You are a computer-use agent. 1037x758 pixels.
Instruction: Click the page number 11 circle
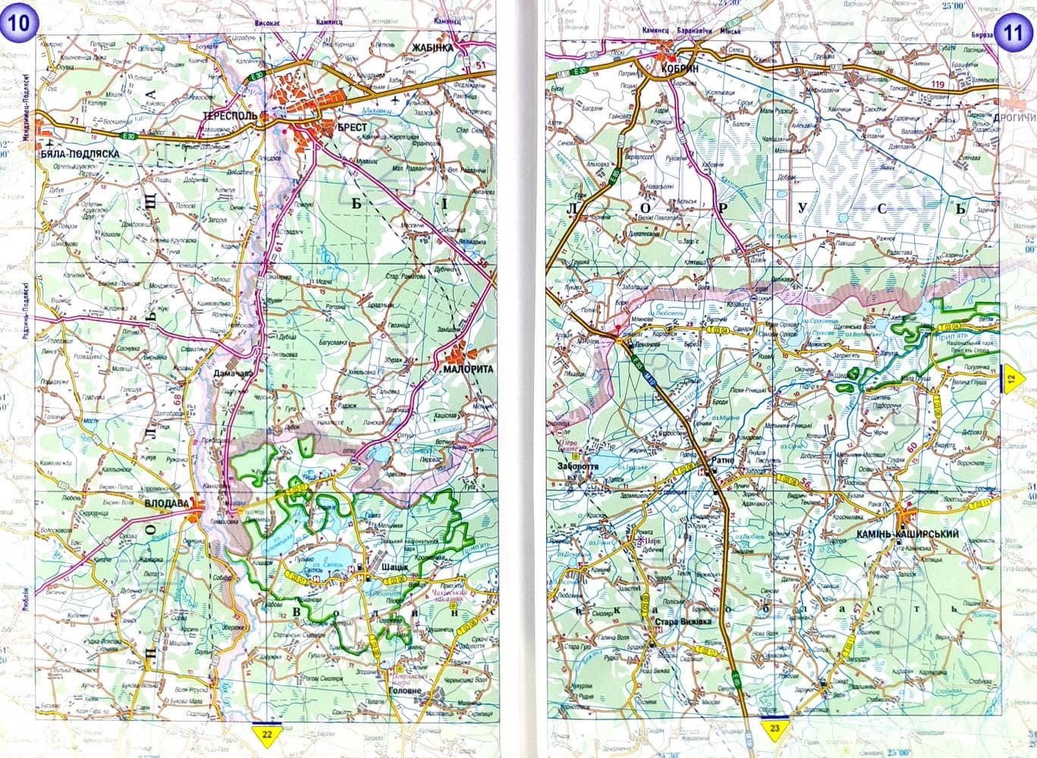(x=1013, y=33)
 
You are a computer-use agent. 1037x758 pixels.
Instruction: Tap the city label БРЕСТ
(x=350, y=127)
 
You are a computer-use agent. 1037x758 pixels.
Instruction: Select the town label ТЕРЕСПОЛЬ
(x=231, y=117)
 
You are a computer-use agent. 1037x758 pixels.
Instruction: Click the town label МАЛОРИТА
(x=468, y=369)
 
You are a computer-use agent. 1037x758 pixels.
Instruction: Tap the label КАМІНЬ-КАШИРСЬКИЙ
(x=907, y=534)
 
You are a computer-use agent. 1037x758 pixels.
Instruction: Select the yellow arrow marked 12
(x=1012, y=377)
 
